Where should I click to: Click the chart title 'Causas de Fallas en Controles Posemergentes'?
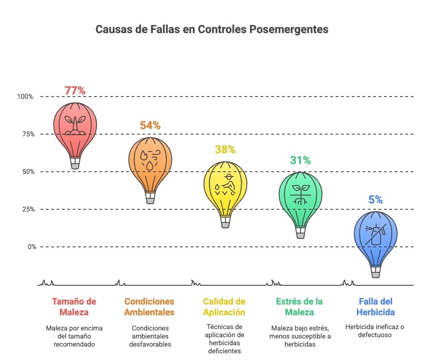click(x=212, y=30)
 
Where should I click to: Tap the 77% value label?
click(x=75, y=90)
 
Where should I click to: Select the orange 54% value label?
click(x=150, y=125)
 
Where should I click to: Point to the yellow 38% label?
click(x=225, y=149)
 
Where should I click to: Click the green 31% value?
click(x=300, y=160)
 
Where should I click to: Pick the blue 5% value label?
click(x=375, y=200)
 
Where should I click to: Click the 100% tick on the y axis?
click(x=25, y=97)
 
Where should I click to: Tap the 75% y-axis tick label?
click(x=26, y=134)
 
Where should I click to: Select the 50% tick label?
click(x=26, y=172)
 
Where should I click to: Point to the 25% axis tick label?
click(x=26, y=209)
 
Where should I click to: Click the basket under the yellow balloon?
click(x=225, y=223)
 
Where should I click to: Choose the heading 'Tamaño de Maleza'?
click(x=74, y=306)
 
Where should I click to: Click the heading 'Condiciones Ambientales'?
click(x=149, y=306)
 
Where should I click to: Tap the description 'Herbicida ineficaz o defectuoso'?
click(x=375, y=331)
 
